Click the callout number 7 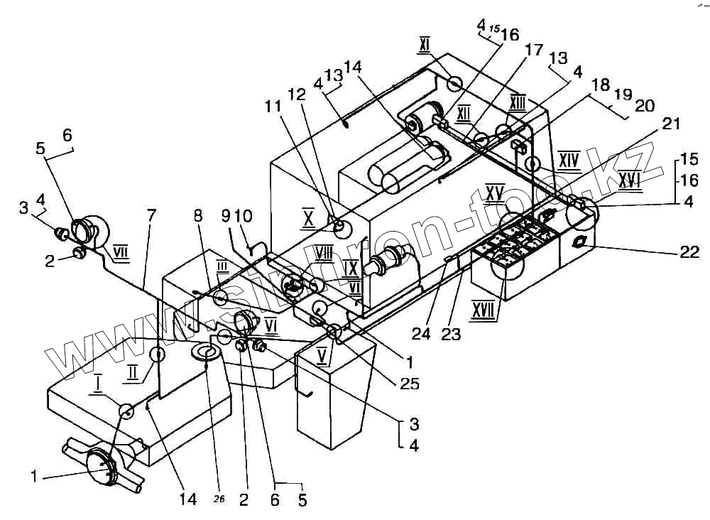pos(149,215)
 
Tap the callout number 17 pos(533,50)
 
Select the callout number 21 pos(671,124)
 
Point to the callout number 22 pos(689,251)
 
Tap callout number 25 pos(410,384)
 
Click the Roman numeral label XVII pos(484,310)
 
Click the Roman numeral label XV pos(494,192)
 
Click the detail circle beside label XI pos(455,84)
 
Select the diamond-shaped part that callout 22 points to pos(578,242)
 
